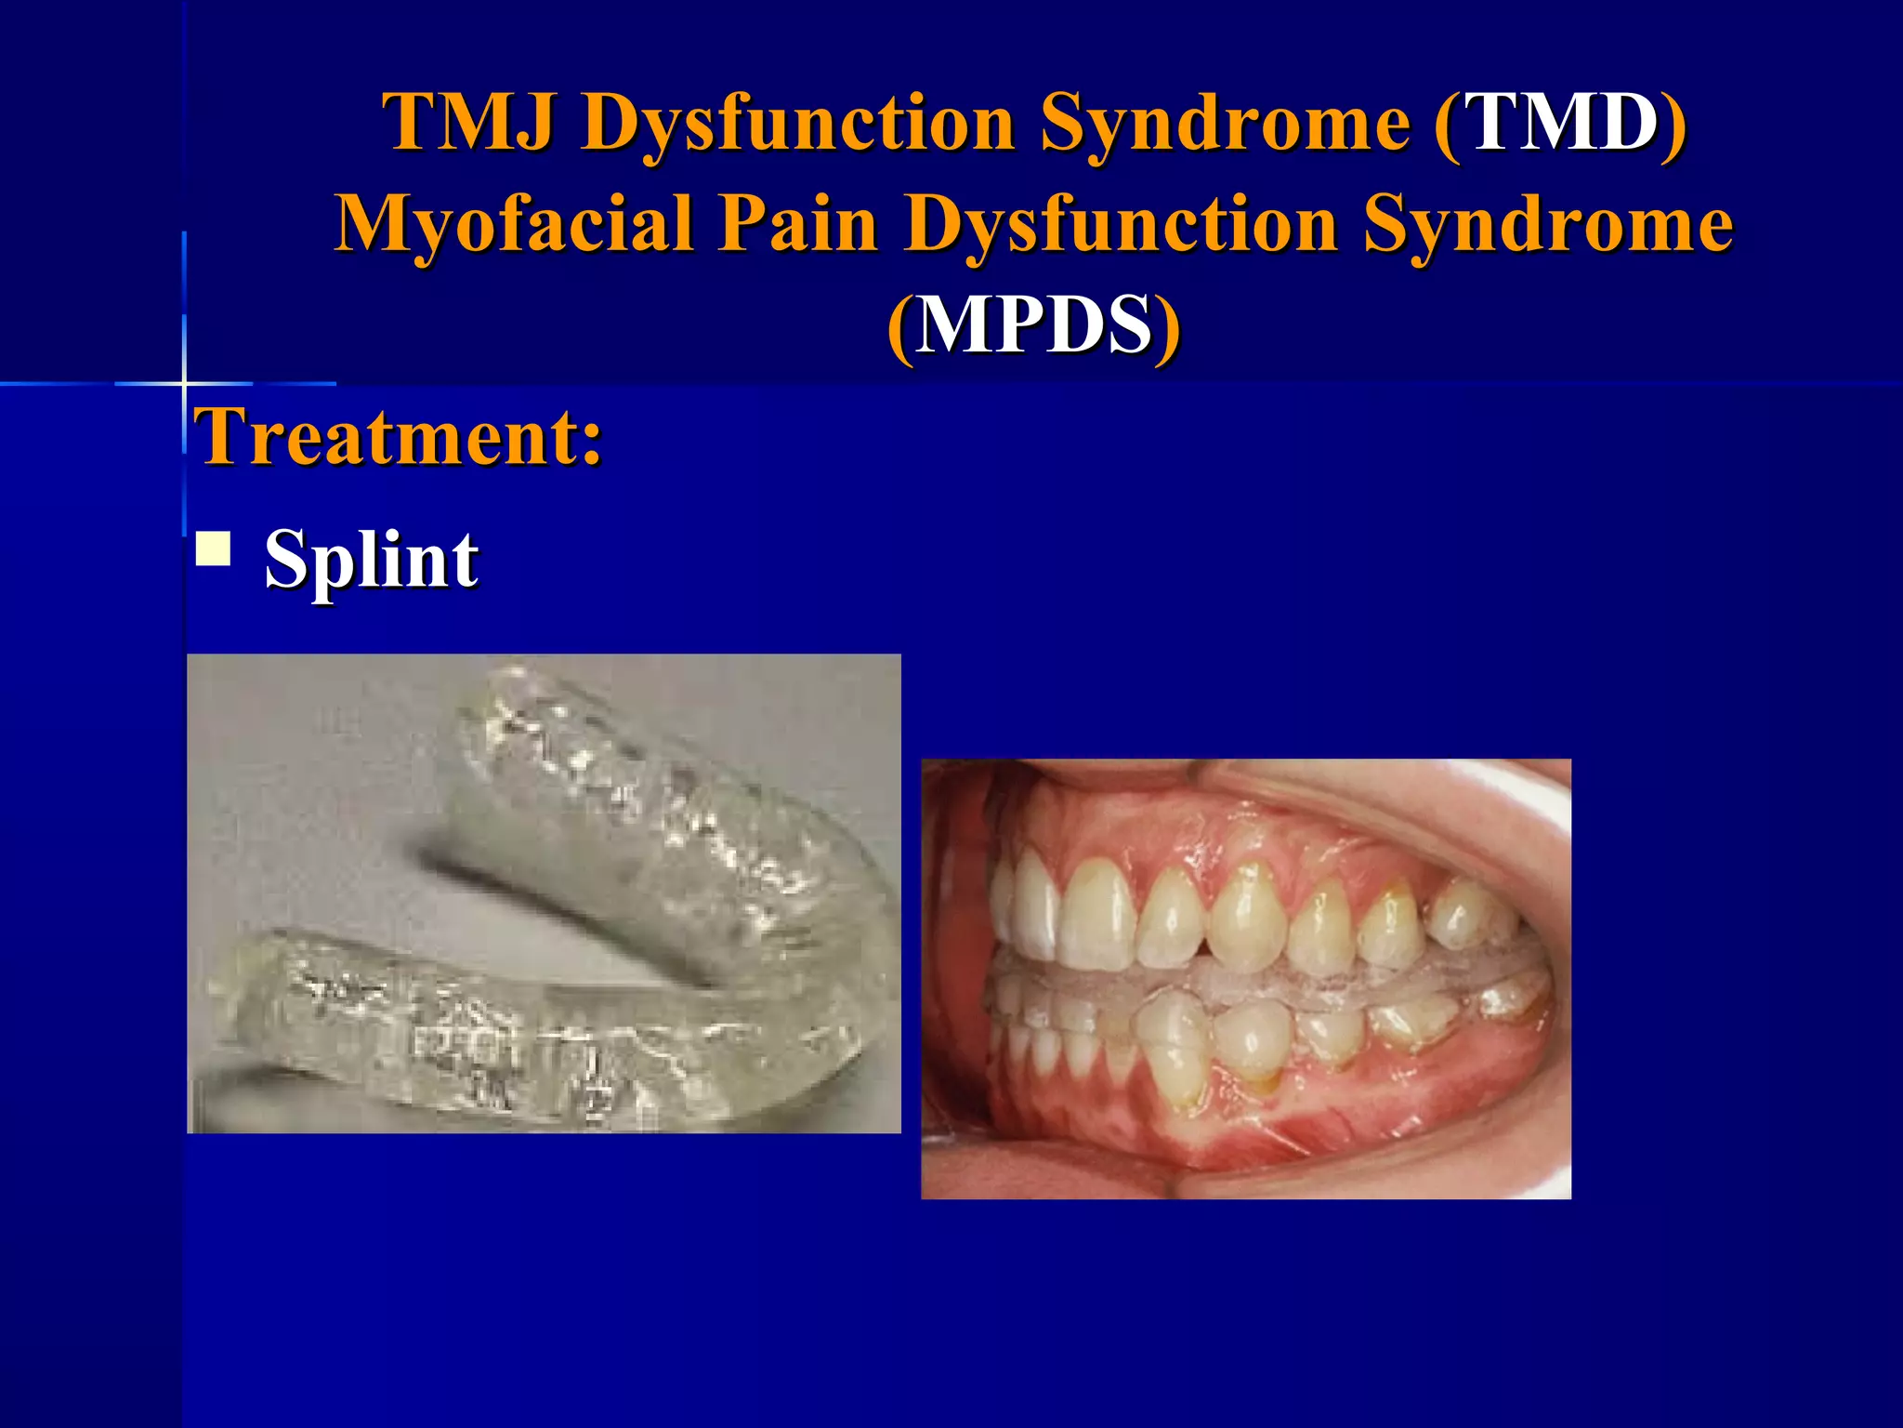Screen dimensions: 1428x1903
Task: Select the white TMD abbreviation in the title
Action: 1560,123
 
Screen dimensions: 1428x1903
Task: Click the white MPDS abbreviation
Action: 1033,325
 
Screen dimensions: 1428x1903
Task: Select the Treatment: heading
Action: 400,437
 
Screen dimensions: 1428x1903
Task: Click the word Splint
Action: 371,560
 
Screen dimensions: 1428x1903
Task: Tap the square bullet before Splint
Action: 214,549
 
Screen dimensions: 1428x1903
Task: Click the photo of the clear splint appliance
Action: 544,893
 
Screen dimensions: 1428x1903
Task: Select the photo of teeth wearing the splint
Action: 1245,978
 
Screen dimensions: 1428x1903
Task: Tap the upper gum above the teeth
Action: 1208,837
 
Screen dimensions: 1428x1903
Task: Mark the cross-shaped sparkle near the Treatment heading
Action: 184,383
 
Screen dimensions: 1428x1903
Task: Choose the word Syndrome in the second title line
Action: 1547,225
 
